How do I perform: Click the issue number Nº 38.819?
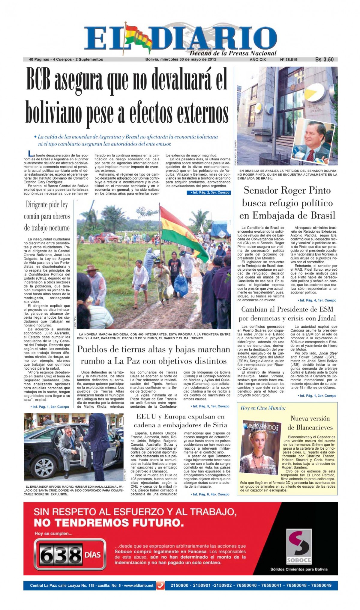[288, 59]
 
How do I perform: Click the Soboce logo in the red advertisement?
[298, 547]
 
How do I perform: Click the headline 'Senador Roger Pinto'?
[287, 190]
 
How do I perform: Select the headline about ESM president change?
[287, 314]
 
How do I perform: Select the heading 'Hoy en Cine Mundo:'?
[263, 408]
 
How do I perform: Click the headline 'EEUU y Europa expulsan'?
[180, 416]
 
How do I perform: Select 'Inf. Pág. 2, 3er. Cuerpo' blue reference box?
[208, 192]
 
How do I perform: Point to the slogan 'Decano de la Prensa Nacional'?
[233, 53]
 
